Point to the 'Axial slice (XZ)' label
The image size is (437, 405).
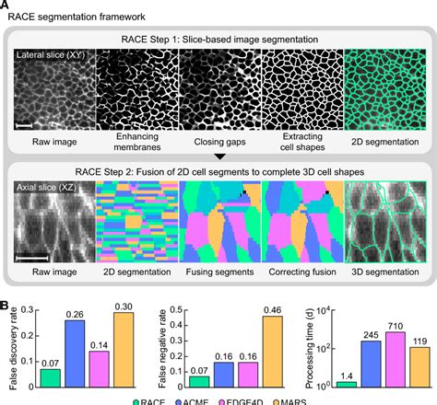point(49,188)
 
